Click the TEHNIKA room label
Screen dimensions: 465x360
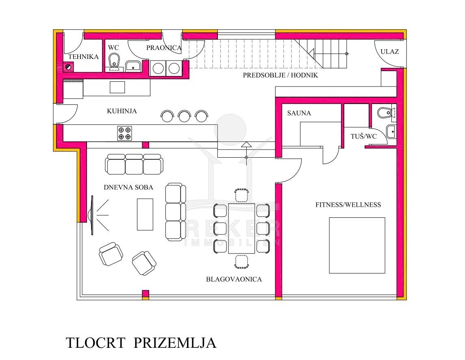[83, 56]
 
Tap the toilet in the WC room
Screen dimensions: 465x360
[114, 61]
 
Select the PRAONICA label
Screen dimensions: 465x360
[164, 48]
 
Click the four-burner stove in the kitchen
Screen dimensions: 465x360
[124, 133]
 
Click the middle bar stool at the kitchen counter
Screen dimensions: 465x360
[184, 116]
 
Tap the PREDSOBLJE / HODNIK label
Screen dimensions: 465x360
[280, 75]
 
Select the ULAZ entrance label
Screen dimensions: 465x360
[389, 52]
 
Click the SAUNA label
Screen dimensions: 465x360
[299, 113]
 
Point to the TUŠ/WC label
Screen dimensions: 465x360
[363, 137]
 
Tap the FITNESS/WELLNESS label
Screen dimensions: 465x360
[348, 205]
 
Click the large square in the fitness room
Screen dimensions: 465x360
[357, 245]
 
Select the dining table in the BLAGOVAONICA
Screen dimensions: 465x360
[241, 228]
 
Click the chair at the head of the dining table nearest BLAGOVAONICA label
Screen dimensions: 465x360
[241, 262]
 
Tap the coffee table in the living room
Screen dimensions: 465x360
[145, 215]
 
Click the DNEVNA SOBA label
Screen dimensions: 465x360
[128, 187]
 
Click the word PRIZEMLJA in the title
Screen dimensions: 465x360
[175, 343]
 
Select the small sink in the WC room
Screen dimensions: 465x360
[133, 66]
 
